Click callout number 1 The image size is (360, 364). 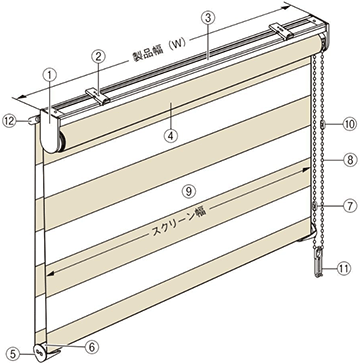coord(49,76)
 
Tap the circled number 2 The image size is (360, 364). coord(98,56)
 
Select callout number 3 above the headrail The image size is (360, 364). coord(208,19)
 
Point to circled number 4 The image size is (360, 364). coord(171,136)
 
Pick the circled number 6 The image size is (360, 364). coord(93,347)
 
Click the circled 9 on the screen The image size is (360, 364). coord(188,191)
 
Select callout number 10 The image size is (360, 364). coord(350,125)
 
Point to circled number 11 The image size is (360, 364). coord(344,268)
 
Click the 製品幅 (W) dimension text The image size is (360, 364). coord(157,51)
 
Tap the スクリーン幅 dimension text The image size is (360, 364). coord(179,221)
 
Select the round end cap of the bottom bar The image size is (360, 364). coord(40,353)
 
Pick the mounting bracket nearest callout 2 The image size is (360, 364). coord(97,96)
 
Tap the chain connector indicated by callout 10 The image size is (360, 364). coord(323,125)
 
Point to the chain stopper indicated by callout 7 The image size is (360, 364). coord(314,206)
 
